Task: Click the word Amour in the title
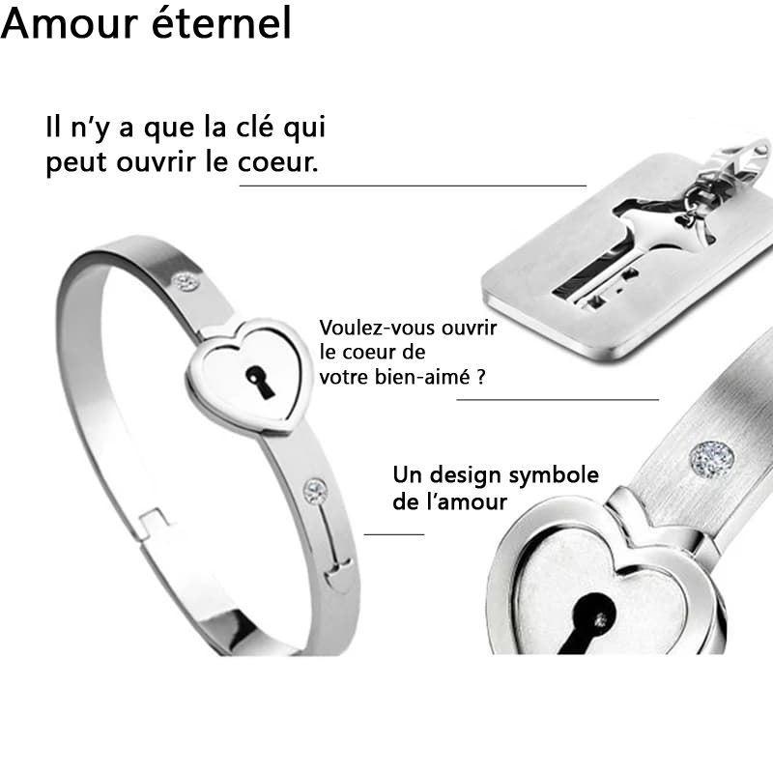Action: coord(70,22)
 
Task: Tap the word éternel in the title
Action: coord(222,21)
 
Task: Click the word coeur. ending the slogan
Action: coord(278,161)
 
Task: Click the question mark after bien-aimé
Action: coord(481,378)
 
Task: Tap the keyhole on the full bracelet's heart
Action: coord(259,382)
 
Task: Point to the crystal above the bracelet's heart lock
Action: coord(186,282)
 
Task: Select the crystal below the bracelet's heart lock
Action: coord(315,491)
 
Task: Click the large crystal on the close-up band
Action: coord(711,460)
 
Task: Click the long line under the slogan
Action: coord(413,186)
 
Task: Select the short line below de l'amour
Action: coord(394,534)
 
